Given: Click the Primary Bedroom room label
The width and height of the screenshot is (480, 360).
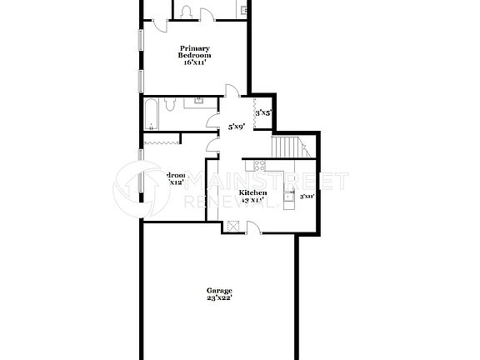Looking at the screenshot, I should click(196, 52).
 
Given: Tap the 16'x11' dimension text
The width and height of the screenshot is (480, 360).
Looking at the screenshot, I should click(196, 62).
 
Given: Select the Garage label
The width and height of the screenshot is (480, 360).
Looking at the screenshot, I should click(219, 290).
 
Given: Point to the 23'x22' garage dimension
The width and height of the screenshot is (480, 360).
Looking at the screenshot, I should click(219, 297).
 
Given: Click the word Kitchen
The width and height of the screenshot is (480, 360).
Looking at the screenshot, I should click(253, 192).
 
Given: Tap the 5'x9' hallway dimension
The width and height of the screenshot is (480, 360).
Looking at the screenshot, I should click(237, 127).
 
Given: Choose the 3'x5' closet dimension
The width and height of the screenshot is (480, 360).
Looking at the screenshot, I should click(262, 112).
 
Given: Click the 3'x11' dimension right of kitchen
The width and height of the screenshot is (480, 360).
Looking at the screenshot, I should click(306, 197).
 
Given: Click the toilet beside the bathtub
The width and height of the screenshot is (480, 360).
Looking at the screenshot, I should click(169, 104).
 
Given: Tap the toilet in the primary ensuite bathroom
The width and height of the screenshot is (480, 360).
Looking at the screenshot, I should click(186, 11).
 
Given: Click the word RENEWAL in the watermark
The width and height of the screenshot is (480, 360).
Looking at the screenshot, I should click(229, 201).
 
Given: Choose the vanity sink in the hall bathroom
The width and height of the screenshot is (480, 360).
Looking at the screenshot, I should click(200, 101).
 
